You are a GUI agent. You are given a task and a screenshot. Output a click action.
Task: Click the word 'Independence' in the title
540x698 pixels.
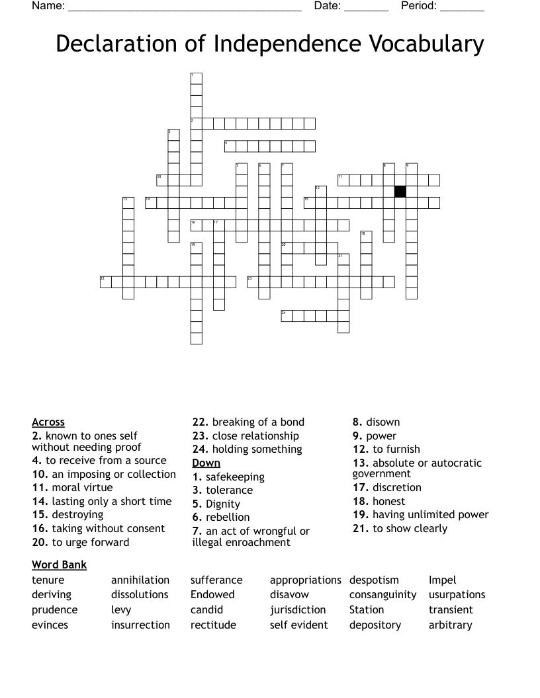[x=286, y=44]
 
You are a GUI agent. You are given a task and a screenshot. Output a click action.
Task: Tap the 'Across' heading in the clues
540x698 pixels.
[x=48, y=422]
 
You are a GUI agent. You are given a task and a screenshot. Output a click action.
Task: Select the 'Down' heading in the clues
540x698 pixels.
[x=206, y=463]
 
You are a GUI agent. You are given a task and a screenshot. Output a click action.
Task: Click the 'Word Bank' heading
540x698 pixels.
[x=59, y=564]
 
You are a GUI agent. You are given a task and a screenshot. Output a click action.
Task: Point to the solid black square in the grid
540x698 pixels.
[x=400, y=192]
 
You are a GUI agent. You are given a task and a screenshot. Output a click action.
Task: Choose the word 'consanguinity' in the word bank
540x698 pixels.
[x=382, y=595]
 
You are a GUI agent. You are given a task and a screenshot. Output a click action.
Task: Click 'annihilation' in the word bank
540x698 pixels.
[x=140, y=580]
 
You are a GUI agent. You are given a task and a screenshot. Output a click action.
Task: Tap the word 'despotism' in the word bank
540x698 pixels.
[x=374, y=580]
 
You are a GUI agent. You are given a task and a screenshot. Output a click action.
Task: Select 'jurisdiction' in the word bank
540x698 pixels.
[x=298, y=610]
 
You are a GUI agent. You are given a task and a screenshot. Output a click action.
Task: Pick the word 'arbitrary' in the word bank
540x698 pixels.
[x=450, y=625]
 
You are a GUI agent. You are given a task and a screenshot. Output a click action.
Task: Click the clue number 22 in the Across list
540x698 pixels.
[x=201, y=422]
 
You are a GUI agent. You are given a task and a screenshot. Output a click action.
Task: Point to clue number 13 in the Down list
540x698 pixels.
[x=361, y=463]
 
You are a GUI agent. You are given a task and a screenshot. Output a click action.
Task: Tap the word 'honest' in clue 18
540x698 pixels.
[x=388, y=502]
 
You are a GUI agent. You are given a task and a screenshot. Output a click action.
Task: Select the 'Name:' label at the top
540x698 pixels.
[x=48, y=7]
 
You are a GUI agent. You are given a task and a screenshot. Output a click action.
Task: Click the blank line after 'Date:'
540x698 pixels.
[x=367, y=8]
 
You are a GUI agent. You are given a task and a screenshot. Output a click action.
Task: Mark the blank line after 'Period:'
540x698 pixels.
[x=462, y=8]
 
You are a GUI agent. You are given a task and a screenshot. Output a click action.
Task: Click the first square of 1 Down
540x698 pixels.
[x=196, y=79]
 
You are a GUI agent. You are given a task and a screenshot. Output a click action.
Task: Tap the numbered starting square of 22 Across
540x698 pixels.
[x=106, y=282]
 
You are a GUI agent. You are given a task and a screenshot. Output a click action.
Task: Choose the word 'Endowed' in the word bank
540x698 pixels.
[x=212, y=595]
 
